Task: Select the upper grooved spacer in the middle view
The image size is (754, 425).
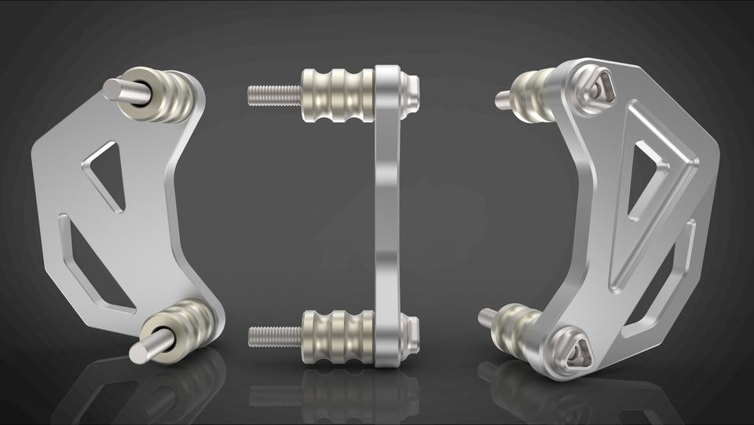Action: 338,95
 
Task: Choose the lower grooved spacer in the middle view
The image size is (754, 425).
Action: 338,337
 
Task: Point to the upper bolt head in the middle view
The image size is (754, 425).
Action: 409,93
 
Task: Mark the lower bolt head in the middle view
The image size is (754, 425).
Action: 409,335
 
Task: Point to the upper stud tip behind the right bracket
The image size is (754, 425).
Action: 503,100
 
